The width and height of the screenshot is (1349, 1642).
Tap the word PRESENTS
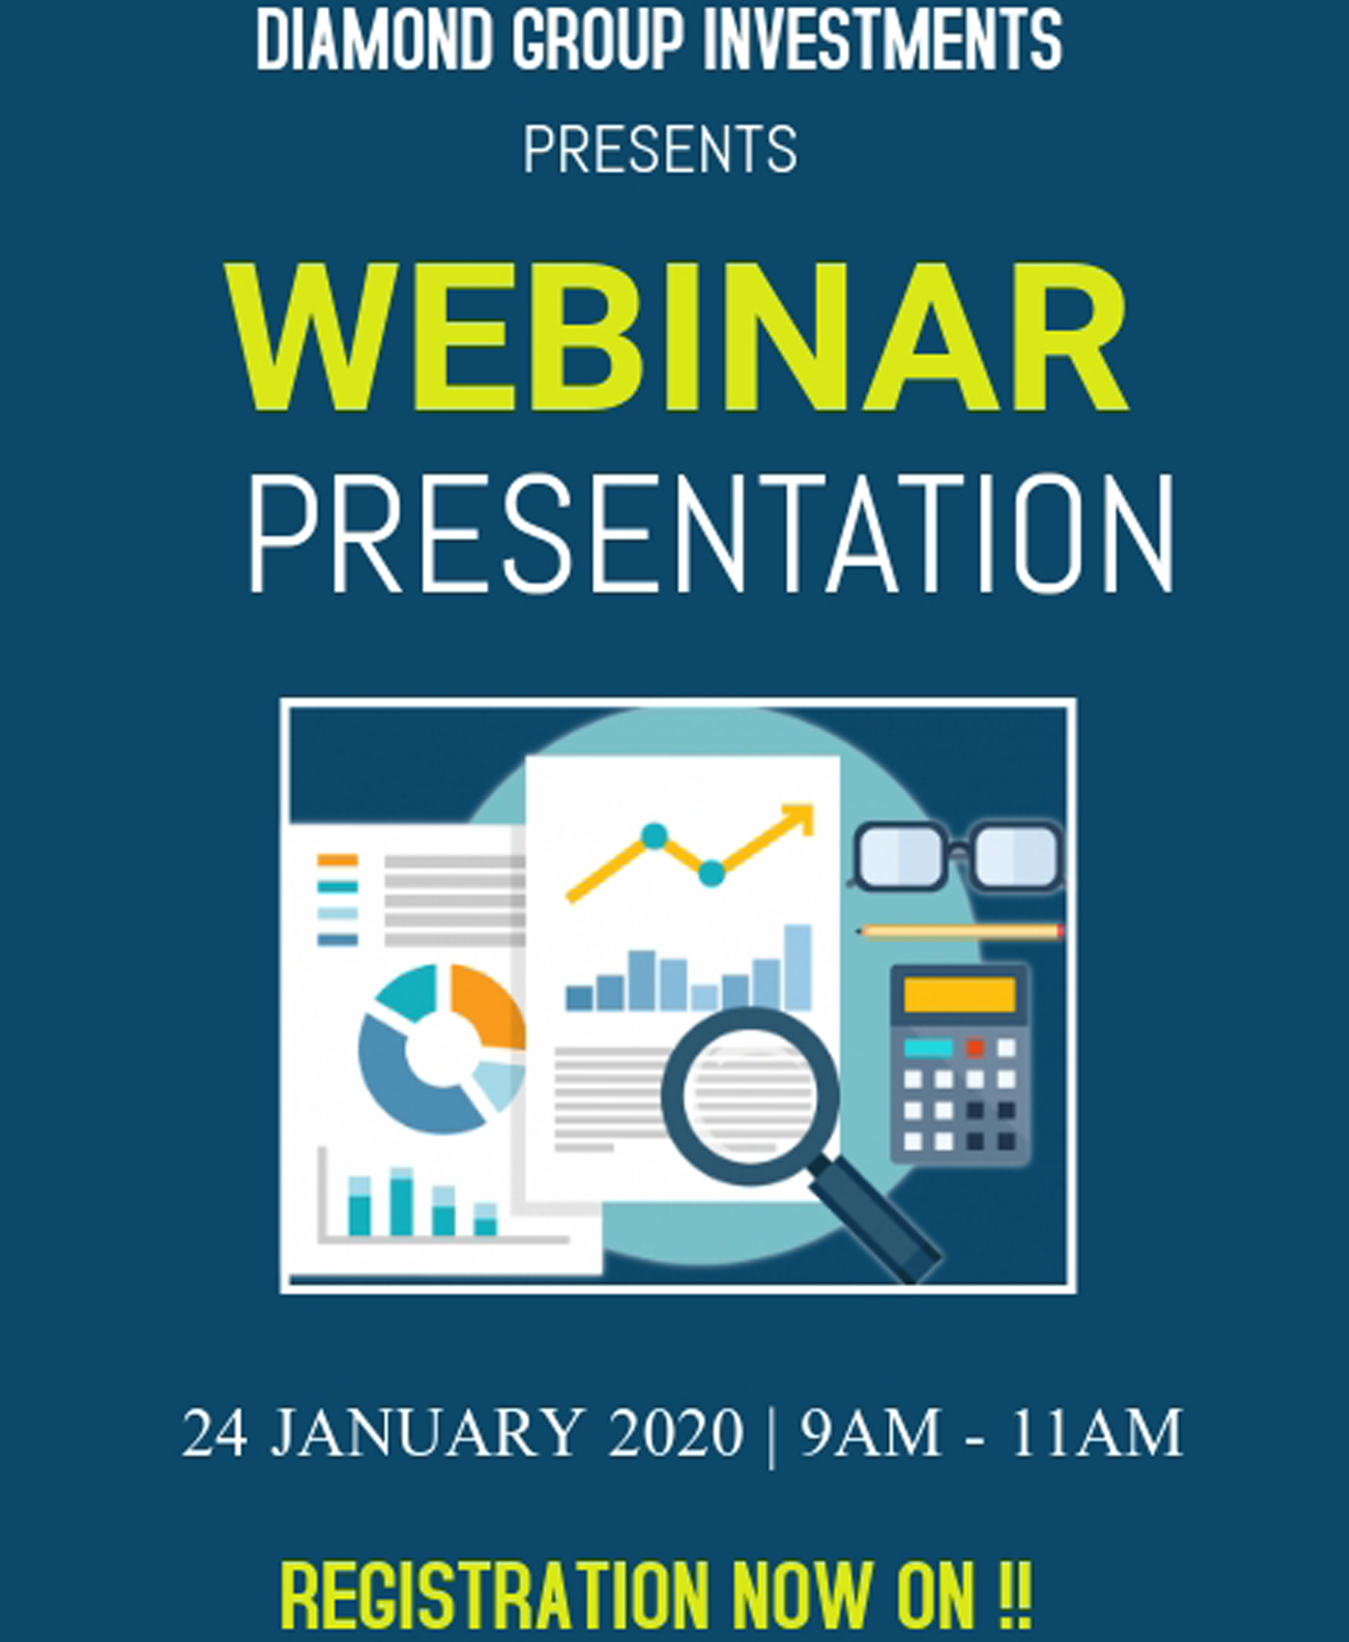pos(661,149)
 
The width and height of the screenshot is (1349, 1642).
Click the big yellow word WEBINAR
pos(676,337)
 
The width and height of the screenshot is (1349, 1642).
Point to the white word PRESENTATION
pos(711,535)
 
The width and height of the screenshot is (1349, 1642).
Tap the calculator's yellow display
pos(960,995)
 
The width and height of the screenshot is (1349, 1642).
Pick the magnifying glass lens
pos(750,1097)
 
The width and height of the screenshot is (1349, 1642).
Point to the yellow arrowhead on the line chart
pos(796,820)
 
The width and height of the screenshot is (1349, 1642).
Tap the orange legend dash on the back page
pos(337,860)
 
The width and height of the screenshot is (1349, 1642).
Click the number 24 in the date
pos(215,1432)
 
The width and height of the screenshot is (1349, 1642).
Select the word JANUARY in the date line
pos(427,1432)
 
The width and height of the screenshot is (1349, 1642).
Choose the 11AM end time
pos(1097,1432)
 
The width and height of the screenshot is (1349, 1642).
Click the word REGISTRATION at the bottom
pos(495,1596)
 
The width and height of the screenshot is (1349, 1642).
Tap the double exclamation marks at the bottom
pos(1015,1596)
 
